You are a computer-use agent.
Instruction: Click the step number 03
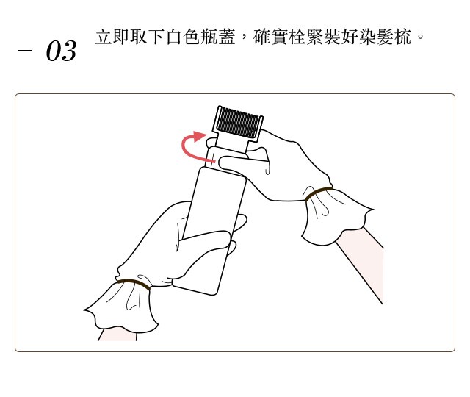(x=61, y=51)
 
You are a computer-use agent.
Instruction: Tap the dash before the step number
(x=24, y=50)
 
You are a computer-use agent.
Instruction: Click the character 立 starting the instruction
(x=104, y=37)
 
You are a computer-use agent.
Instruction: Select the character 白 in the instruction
(x=174, y=37)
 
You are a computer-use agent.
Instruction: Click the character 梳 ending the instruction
(x=402, y=37)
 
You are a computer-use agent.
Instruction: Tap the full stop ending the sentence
(x=420, y=37)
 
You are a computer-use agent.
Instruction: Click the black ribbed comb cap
(x=238, y=123)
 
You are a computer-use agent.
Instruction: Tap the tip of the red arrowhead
(x=206, y=134)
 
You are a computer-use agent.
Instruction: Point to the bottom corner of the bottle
(x=213, y=295)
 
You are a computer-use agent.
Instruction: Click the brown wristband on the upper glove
(x=318, y=193)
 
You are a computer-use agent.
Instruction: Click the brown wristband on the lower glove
(x=134, y=283)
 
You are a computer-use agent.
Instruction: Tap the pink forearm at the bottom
(x=117, y=335)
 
